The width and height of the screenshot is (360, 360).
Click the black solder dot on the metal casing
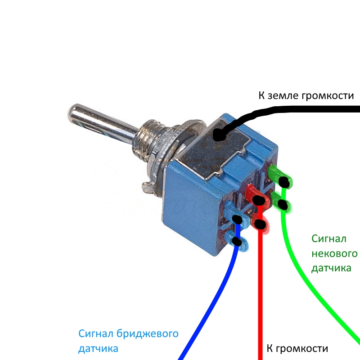[220, 135]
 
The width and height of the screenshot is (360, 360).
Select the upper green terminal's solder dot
[284, 181]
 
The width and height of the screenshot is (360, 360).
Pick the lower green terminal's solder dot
[283, 205]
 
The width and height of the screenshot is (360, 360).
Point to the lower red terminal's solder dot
[260, 223]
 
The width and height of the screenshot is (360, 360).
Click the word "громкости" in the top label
[329, 96]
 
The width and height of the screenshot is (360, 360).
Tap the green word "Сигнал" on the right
[329, 238]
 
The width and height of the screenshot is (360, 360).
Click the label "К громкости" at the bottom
[297, 348]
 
